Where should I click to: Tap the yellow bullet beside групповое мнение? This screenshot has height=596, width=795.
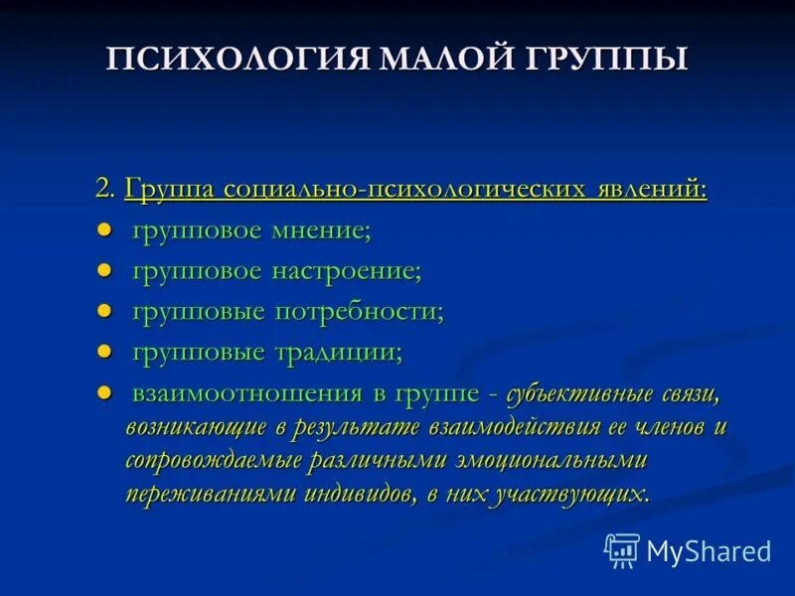coord(103,230)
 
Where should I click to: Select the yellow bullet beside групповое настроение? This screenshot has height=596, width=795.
coord(103,270)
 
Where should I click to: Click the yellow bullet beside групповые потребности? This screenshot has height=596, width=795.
coord(103,311)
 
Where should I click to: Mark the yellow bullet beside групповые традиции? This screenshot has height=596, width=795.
coord(103,351)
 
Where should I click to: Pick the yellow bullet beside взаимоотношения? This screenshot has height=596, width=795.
coord(103,391)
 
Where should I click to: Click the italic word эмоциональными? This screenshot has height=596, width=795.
coord(565,461)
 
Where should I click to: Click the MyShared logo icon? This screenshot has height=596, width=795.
coord(622,549)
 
